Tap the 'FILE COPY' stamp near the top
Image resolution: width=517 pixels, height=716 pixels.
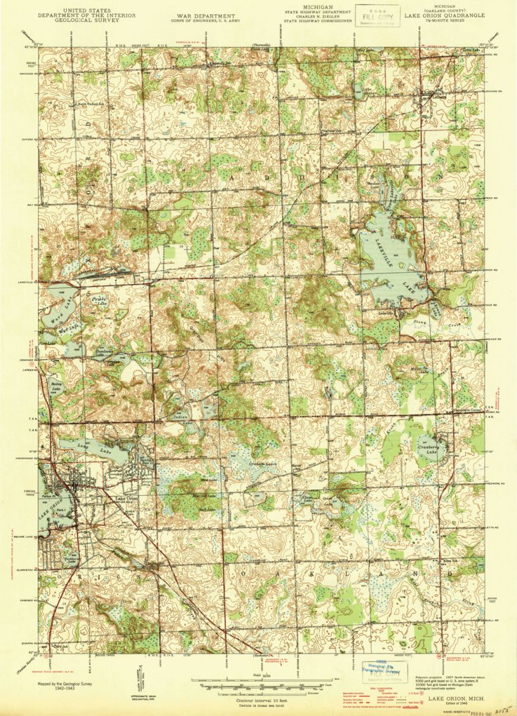377,13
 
